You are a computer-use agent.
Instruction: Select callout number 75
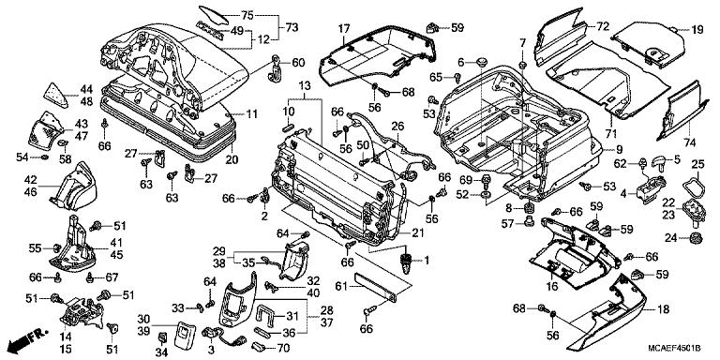247,16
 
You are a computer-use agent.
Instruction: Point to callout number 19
697,30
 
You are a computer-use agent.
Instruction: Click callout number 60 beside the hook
298,63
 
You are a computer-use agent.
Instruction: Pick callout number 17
345,27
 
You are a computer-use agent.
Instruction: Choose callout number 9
620,150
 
